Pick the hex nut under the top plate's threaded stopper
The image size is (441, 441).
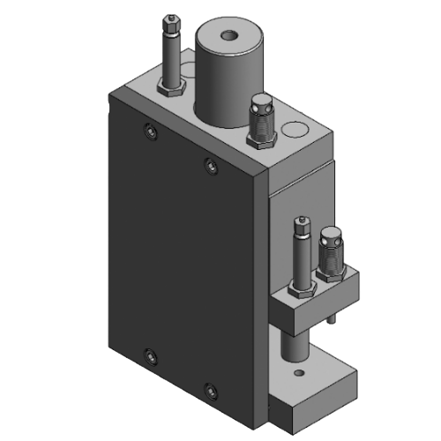[x=262, y=137]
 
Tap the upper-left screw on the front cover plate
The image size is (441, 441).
[x=148, y=132]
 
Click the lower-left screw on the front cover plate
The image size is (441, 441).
[x=149, y=355]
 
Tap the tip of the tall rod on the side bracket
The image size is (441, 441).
[x=303, y=220]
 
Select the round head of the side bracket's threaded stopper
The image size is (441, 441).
[x=329, y=236]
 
